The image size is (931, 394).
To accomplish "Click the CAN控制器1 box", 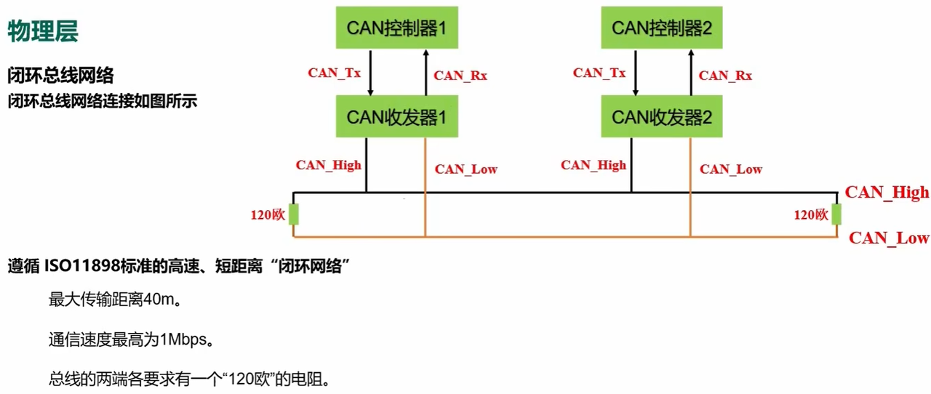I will tap(396, 28).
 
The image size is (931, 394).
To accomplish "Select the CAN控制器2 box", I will tap(661, 28).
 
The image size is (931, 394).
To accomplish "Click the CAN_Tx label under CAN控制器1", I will tap(335, 73).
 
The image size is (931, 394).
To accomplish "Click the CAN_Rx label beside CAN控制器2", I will tap(725, 75).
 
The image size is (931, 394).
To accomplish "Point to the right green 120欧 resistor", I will tap(836, 215).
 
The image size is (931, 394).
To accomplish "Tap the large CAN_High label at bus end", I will tap(887, 193).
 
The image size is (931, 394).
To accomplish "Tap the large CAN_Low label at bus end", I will tap(889, 238).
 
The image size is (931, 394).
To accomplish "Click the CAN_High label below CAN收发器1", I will tap(328, 165).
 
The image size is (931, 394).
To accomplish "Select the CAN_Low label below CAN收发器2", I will tap(731, 169).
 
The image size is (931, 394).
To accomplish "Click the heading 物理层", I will tap(43, 31).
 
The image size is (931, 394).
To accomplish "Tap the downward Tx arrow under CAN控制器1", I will tap(371, 73).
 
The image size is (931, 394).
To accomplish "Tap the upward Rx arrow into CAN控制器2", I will tap(690, 73).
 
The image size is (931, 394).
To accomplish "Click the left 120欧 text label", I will tap(266, 215).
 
